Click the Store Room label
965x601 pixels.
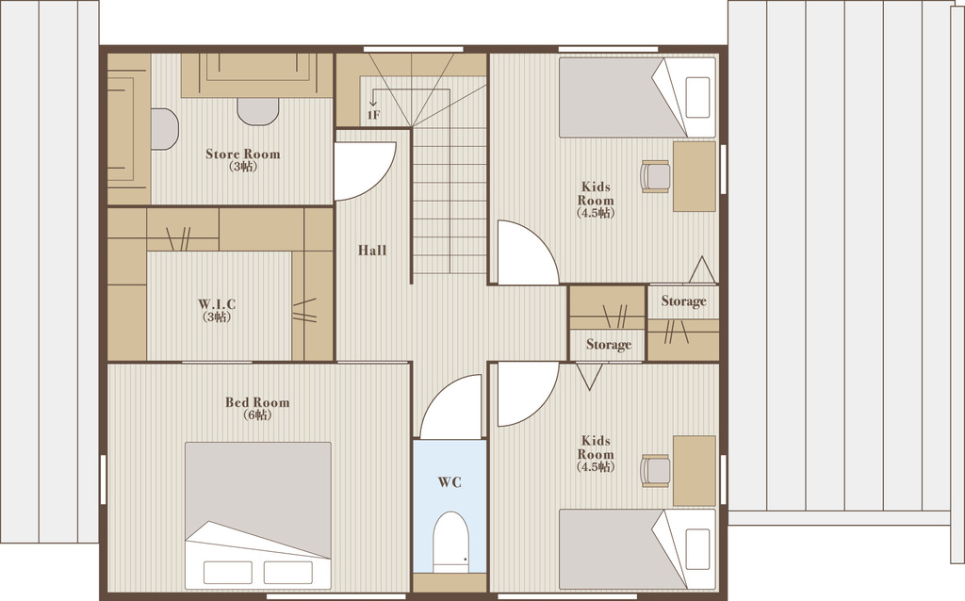(242, 154)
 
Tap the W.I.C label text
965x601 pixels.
(217, 304)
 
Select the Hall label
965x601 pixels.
(372, 251)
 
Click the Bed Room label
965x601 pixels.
(257, 402)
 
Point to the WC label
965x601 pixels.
(450, 482)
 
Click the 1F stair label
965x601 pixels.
(373, 115)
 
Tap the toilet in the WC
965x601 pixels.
(450, 542)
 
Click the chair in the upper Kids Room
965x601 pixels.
(656, 176)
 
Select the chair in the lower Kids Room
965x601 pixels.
(656, 471)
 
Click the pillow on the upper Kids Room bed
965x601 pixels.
(697, 97)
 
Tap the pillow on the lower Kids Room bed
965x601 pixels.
(697, 548)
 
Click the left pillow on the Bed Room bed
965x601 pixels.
(228, 573)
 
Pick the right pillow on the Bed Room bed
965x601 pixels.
(288, 573)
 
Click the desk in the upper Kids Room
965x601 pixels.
(695, 176)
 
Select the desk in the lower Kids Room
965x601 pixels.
(695, 471)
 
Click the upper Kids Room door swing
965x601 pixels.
(542, 240)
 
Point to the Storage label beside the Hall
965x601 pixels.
(609, 345)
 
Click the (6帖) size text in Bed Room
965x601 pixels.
(257, 415)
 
